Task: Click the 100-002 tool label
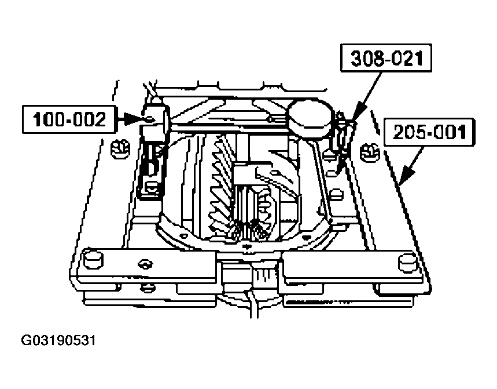click(70, 119)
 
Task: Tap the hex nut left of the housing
click(119, 150)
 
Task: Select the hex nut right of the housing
click(370, 152)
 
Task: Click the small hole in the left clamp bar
click(142, 264)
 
